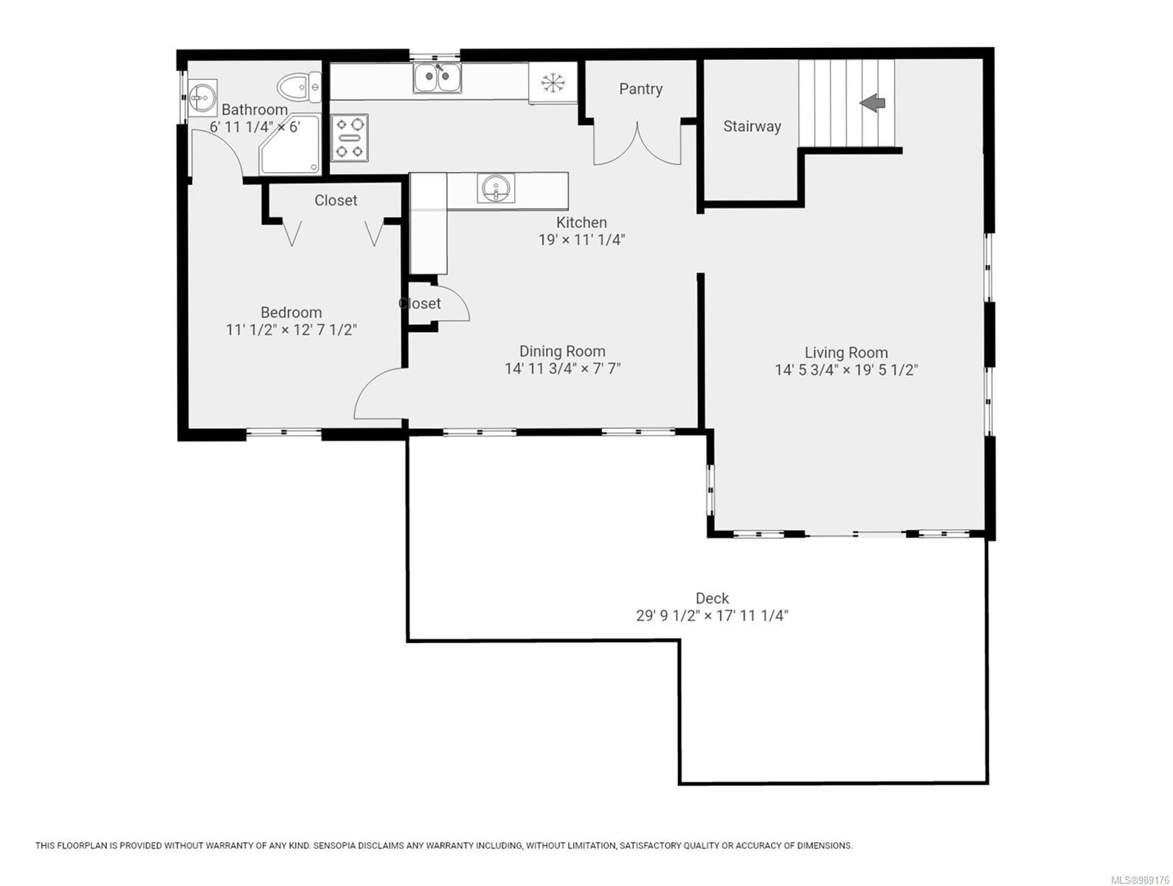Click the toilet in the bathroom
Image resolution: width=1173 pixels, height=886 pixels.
click(299, 86)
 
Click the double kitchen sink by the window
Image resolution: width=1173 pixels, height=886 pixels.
click(437, 77)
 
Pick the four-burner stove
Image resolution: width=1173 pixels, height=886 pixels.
click(349, 137)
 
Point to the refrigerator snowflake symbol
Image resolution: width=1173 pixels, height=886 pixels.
click(551, 82)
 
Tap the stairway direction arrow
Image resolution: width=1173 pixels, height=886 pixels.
click(873, 103)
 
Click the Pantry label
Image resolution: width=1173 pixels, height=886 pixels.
click(640, 89)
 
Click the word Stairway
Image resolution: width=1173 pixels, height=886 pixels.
click(751, 126)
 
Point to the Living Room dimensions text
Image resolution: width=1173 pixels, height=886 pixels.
click(845, 370)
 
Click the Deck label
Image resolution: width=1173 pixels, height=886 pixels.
click(712, 598)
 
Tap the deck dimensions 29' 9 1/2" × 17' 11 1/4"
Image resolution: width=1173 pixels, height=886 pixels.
click(712, 616)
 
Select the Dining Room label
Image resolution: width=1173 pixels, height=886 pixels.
click(561, 351)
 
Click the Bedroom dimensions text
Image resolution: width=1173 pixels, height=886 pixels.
click(291, 330)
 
